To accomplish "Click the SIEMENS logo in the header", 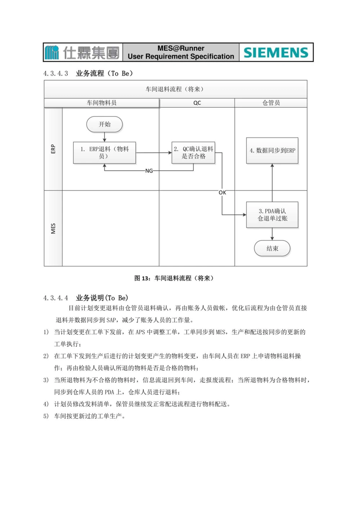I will (276, 53).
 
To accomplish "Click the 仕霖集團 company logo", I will (83, 53).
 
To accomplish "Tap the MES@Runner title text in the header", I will (181, 48).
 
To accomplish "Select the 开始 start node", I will (104, 124).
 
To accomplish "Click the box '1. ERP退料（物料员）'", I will (104, 153).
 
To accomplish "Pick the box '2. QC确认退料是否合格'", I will (193, 153).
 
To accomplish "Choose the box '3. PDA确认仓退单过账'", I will (272, 215).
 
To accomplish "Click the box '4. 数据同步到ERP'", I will (272, 151).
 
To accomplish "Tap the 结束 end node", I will (272, 249).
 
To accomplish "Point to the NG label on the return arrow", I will (149, 171).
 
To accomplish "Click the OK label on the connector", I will (222, 193).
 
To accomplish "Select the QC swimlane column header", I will (197, 103).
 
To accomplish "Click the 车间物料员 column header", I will (102, 103).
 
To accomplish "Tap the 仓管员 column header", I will (271, 103).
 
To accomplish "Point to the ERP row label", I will (53, 149).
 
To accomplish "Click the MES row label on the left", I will (53, 228).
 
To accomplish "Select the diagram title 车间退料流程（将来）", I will (175, 89).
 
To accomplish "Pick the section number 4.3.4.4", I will (56, 298).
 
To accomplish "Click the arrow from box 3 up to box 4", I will (272, 183).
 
